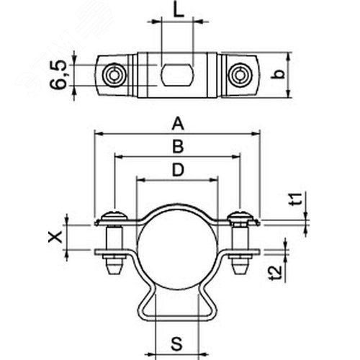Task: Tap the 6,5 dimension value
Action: coord(58,75)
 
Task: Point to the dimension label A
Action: coord(178,123)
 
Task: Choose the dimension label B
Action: coord(178,146)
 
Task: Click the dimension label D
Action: coord(178,169)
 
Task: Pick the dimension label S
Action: coord(177,343)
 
